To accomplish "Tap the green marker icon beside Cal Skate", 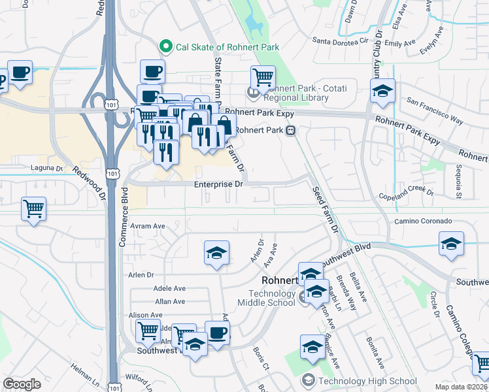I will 165,47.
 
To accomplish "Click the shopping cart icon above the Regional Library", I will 262,77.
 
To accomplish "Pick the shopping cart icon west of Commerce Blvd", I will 33,209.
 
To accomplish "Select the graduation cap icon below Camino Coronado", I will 451,244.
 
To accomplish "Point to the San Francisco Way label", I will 435,112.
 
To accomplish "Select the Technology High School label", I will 367,381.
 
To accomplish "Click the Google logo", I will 22,384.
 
